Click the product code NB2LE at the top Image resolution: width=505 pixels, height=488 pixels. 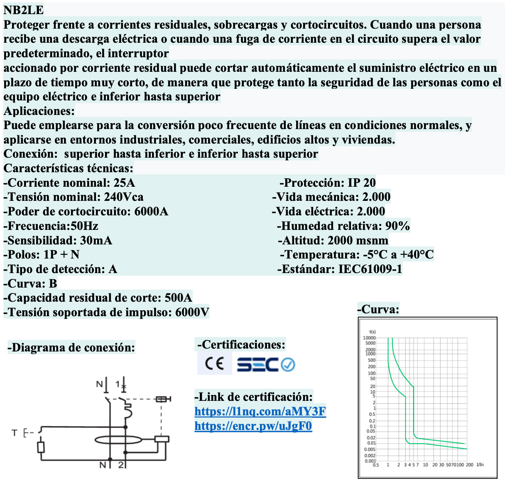(x=24, y=10)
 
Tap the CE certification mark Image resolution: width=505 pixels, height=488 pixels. (x=214, y=364)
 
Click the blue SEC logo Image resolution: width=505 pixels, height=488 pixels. (x=257, y=365)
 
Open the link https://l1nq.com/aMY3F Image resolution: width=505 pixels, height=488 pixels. (x=260, y=411)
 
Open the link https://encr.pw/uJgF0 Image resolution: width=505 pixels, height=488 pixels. (x=253, y=426)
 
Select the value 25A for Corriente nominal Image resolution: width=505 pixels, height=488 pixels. (x=124, y=183)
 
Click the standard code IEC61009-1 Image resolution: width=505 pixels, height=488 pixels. (x=370, y=269)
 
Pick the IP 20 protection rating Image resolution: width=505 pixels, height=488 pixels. (x=362, y=183)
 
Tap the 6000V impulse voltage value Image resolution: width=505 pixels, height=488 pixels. (x=192, y=312)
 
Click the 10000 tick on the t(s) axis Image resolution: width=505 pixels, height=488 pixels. (x=369, y=338)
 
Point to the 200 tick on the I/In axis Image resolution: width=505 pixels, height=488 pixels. (x=469, y=465)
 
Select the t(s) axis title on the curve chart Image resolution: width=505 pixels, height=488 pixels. (x=373, y=332)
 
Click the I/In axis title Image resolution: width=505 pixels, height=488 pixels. (x=480, y=465)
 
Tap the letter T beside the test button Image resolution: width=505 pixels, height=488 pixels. (x=15, y=433)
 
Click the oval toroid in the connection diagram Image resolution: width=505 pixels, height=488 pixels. (x=118, y=440)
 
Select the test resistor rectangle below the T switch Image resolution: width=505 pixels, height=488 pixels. (x=41, y=447)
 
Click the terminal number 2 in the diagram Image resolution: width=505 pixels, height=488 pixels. (x=121, y=465)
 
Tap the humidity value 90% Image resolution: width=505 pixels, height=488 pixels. (x=397, y=226)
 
